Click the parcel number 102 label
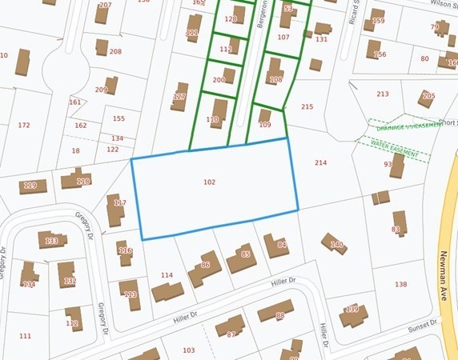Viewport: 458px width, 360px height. (x=209, y=182)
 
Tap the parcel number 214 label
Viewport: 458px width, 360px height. (x=320, y=163)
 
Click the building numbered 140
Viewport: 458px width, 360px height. (x=335, y=244)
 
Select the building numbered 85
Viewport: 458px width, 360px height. (x=243, y=258)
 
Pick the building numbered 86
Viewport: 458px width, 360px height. (x=205, y=267)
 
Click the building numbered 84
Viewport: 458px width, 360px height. (x=277, y=246)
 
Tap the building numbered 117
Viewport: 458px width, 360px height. (x=116, y=208)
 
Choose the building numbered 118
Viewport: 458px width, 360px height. (x=78, y=179)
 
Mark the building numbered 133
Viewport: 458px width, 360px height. (x=52, y=240)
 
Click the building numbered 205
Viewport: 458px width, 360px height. (x=428, y=98)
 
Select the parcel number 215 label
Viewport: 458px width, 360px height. (x=307, y=107)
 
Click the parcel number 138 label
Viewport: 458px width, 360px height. (x=401, y=285)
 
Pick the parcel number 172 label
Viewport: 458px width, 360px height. (x=23, y=126)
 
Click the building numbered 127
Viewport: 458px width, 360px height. (x=179, y=97)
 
